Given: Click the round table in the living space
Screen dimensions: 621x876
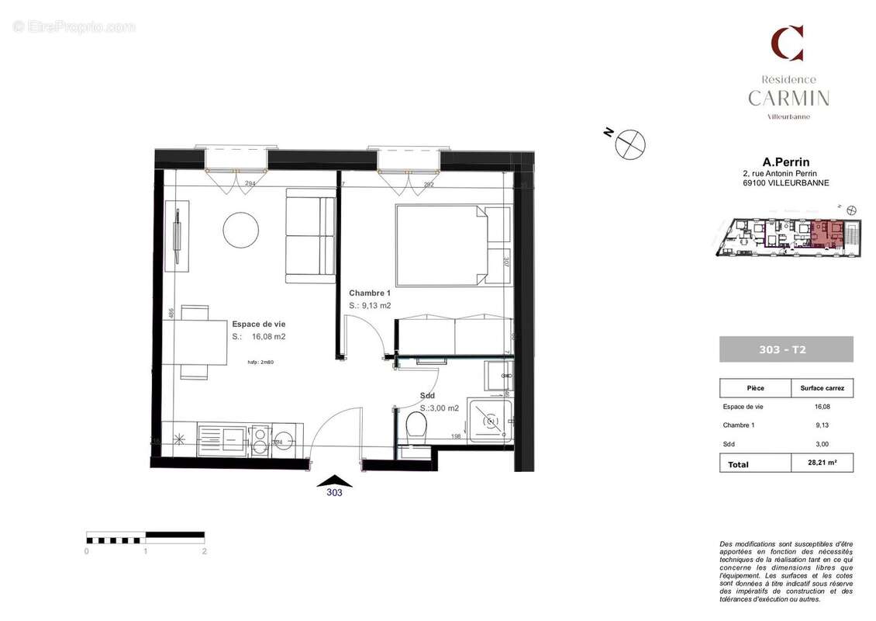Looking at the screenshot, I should pos(240,230).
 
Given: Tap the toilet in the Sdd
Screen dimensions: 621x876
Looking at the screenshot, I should pos(416,425).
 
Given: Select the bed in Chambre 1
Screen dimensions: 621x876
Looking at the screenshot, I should pos(441,245).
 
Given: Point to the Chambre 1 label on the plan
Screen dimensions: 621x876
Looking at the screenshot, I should pos(370,293).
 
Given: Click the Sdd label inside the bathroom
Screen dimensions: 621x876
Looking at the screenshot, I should pos(427,395).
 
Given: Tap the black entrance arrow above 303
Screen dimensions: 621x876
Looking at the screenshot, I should pos(334,480).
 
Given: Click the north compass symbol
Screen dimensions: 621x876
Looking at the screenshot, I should pos(629,144).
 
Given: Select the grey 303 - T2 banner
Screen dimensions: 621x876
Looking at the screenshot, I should pos(785,349).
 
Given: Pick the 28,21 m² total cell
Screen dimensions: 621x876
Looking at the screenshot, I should pos(821,463).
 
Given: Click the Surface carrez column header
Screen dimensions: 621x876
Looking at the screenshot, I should pos(822,388).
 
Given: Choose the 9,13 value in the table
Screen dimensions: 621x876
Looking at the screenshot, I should pos(822,425).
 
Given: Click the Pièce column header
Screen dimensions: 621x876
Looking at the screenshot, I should pos(755,388).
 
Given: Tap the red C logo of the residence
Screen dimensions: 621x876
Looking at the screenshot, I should pos(787,43).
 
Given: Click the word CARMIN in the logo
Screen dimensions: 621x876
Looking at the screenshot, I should pos(788,99).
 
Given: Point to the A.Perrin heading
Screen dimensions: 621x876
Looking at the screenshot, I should pos(786,162).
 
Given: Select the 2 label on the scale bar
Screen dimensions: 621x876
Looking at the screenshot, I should pos(204,551).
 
